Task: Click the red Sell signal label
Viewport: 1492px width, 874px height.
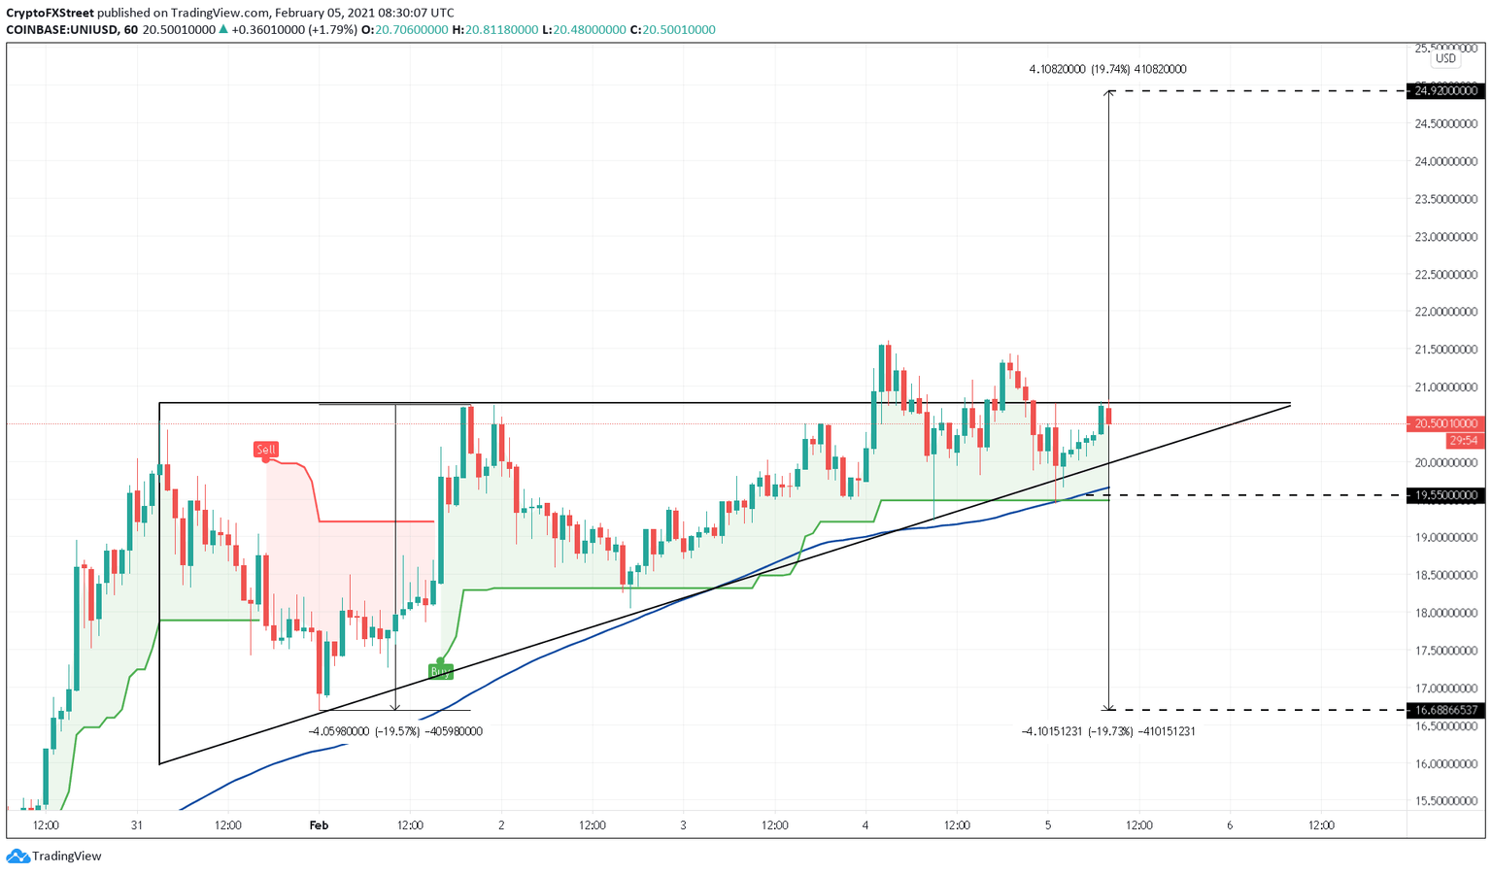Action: click(x=266, y=450)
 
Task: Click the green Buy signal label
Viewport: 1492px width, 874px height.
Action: click(x=441, y=671)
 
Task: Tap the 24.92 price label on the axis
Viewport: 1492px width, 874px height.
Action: click(x=1446, y=91)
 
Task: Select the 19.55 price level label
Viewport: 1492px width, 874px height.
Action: click(x=1446, y=495)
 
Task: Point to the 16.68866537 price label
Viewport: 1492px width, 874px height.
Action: click(x=1446, y=710)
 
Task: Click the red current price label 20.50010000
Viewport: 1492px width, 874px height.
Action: click(x=1446, y=423)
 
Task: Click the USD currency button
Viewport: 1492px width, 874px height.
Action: click(x=1446, y=58)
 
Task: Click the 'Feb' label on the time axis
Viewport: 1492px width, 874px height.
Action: click(x=319, y=825)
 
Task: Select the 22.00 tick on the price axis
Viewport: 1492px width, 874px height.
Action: click(x=1446, y=312)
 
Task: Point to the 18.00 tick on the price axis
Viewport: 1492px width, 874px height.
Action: click(x=1446, y=613)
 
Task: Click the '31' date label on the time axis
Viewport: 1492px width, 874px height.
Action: click(x=137, y=825)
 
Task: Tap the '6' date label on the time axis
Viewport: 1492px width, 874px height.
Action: click(x=1230, y=825)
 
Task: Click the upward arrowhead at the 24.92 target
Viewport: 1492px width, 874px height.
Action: click(x=1108, y=93)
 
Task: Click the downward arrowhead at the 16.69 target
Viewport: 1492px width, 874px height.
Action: click(x=1108, y=707)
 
